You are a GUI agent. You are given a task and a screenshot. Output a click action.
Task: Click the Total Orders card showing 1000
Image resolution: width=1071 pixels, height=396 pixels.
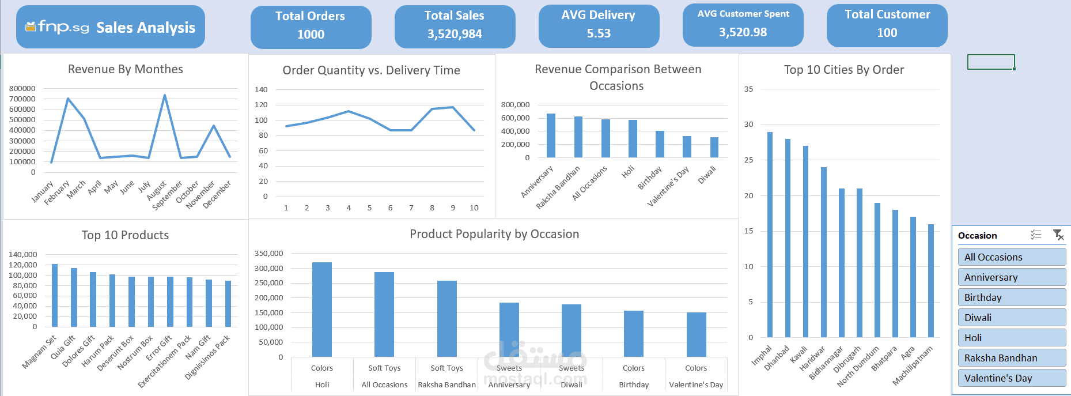(x=311, y=27)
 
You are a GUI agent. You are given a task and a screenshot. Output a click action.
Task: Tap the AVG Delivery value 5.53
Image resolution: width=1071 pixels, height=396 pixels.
(x=599, y=33)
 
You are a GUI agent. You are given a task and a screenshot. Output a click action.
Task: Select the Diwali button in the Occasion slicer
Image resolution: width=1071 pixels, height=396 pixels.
(x=1012, y=318)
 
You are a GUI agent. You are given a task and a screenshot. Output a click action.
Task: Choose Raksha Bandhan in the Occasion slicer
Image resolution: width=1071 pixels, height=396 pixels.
(x=1012, y=358)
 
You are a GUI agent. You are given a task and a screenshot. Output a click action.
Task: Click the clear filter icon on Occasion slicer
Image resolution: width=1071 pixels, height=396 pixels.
(x=1058, y=235)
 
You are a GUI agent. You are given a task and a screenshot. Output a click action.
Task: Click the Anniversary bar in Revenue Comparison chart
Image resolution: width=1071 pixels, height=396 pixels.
(x=551, y=135)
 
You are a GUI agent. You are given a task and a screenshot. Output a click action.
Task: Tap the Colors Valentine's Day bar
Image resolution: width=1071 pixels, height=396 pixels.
(x=696, y=334)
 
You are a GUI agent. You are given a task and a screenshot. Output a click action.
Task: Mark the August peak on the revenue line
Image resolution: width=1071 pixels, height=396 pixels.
(x=165, y=96)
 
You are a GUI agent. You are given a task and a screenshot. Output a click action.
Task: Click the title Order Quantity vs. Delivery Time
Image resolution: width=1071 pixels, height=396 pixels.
(x=371, y=70)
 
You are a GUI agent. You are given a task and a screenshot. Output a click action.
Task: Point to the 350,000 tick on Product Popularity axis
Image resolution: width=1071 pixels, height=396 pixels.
(x=268, y=253)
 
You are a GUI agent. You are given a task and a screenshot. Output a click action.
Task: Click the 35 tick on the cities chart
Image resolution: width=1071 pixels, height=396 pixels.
(x=748, y=89)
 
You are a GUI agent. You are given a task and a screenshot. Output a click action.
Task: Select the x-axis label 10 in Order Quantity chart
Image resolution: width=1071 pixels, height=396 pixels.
(x=474, y=208)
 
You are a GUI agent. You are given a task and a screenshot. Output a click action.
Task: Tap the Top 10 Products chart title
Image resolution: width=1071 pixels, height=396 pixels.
(x=125, y=235)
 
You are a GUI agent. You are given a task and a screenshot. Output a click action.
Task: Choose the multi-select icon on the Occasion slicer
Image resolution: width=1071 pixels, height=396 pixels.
(x=1035, y=235)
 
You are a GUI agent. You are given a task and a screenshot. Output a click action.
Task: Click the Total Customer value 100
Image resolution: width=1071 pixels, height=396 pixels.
(x=887, y=33)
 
